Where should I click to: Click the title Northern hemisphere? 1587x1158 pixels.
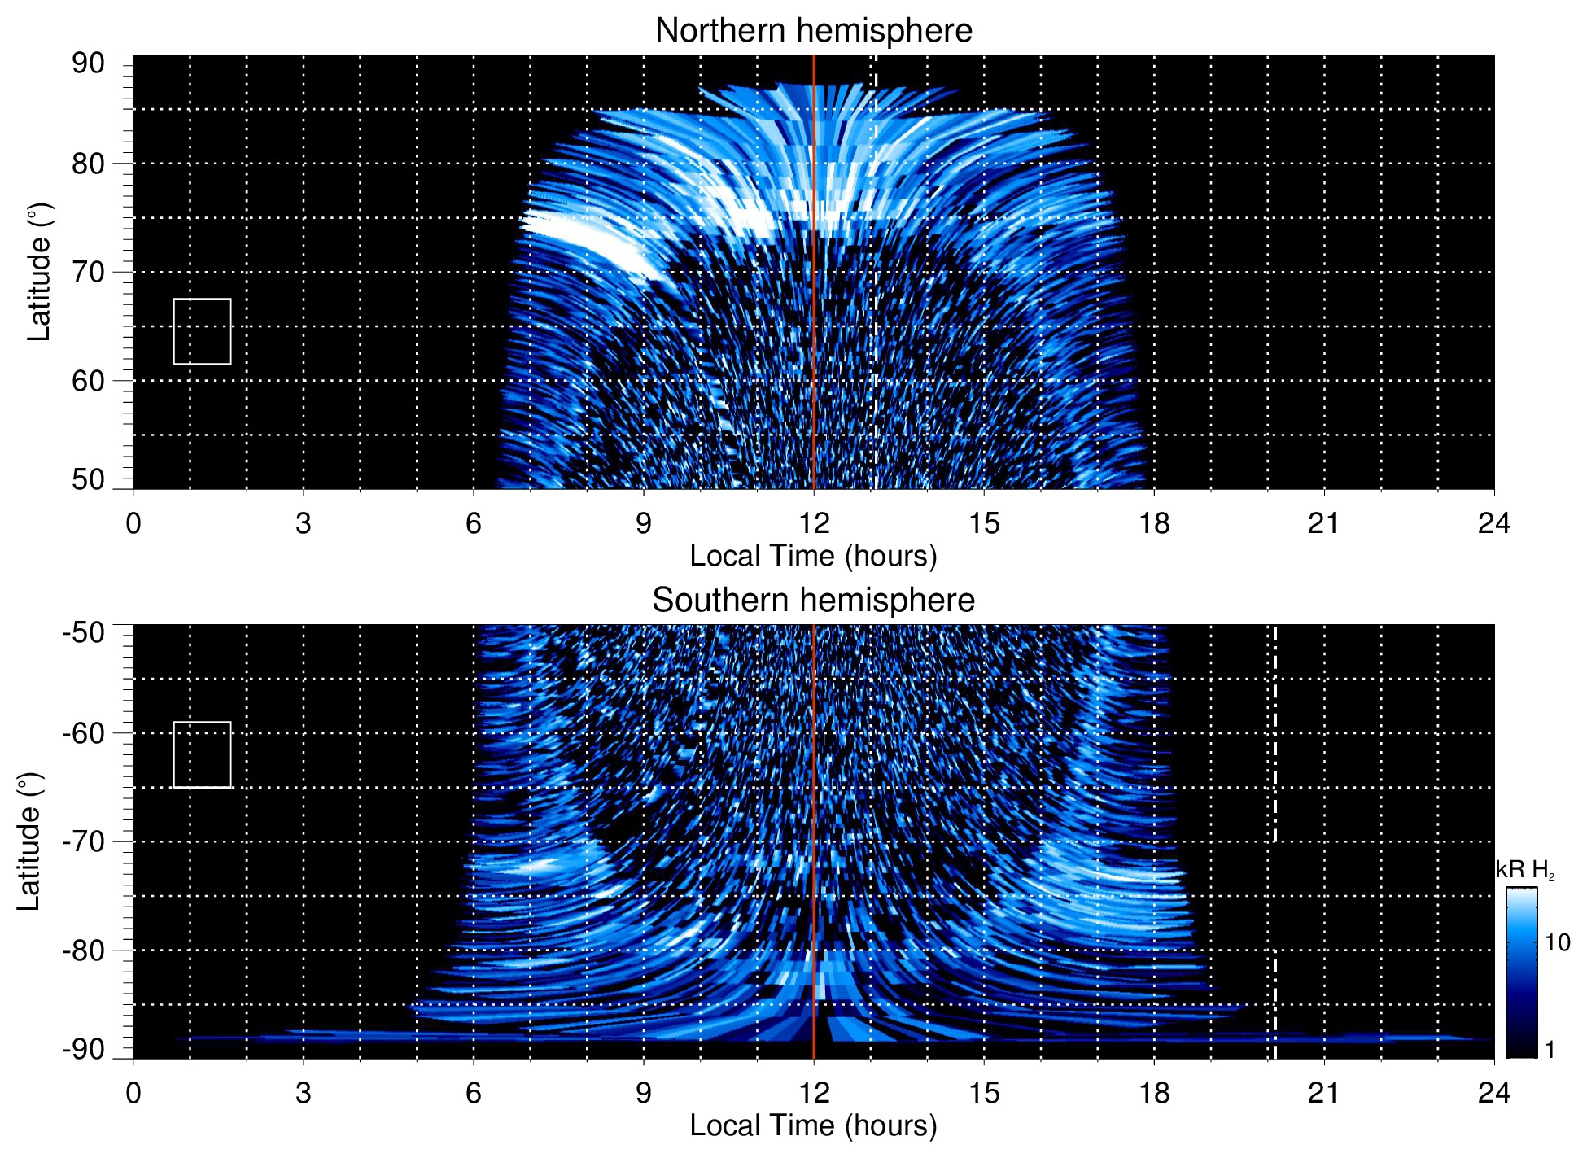pyautogui.click(x=813, y=31)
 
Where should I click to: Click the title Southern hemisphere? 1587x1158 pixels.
pyautogui.click(x=813, y=601)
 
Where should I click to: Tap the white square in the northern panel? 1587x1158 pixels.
pyautogui.click(x=202, y=331)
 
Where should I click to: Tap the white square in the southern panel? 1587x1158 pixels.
pyautogui.click(x=202, y=754)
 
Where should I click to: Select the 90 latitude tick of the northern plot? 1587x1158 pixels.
pyautogui.click(x=88, y=63)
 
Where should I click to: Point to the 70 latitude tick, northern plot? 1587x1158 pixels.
pyautogui.click(x=88, y=272)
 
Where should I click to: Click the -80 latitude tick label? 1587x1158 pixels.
pyautogui.click(x=84, y=950)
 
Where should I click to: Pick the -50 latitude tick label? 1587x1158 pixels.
pyautogui.click(x=84, y=632)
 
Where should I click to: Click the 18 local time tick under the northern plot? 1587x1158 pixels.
pyautogui.click(x=1154, y=523)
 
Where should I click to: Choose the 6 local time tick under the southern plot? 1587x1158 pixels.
pyautogui.click(x=474, y=1093)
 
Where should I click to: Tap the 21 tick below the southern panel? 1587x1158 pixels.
pyautogui.click(x=1324, y=1093)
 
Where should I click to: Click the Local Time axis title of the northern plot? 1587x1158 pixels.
pyautogui.click(x=813, y=556)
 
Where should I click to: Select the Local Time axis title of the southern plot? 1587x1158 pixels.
pyautogui.click(x=813, y=1125)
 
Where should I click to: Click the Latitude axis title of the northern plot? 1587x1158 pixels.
pyautogui.click(x=39, y=272)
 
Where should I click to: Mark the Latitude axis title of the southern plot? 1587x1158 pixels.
pyautogui.click(x=29, y=841)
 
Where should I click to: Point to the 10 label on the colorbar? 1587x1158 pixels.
pyautogui.click(x=1557, y=942)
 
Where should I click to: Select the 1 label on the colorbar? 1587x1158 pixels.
pyautogui.click(x=1550, y=1050)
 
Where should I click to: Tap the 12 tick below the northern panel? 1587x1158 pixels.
pyautogui.click(x=814, y=523)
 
